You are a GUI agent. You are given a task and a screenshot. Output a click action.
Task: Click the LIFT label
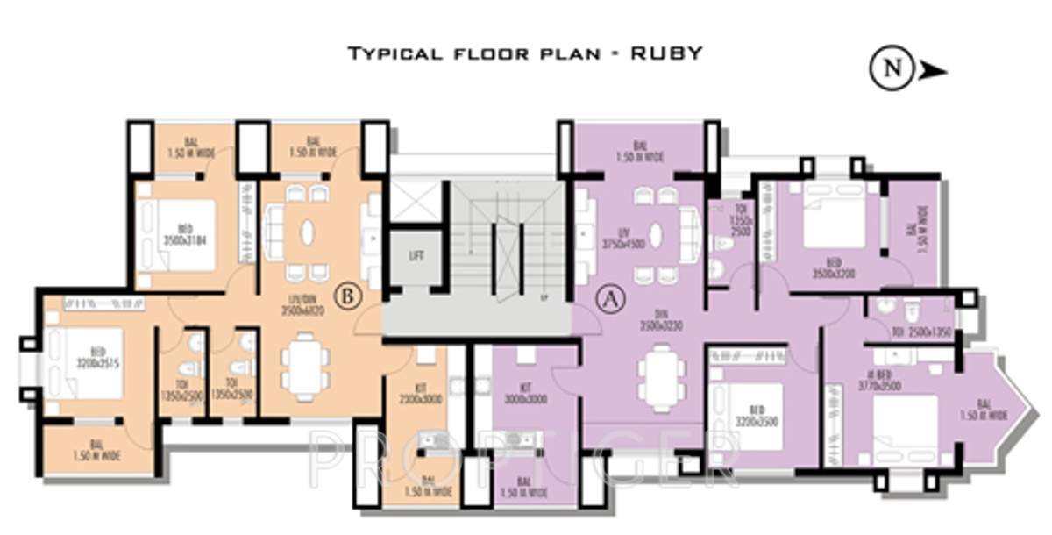(x=416, y=256)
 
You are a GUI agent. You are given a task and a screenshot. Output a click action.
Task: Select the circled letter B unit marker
(x=348, y=296)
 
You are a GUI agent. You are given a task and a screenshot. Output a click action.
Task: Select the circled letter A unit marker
(x=608, y=299)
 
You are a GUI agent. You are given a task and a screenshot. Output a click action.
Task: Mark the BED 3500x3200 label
(x=833, y=267)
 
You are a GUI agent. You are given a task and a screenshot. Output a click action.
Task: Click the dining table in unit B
(x=305, y=363)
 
